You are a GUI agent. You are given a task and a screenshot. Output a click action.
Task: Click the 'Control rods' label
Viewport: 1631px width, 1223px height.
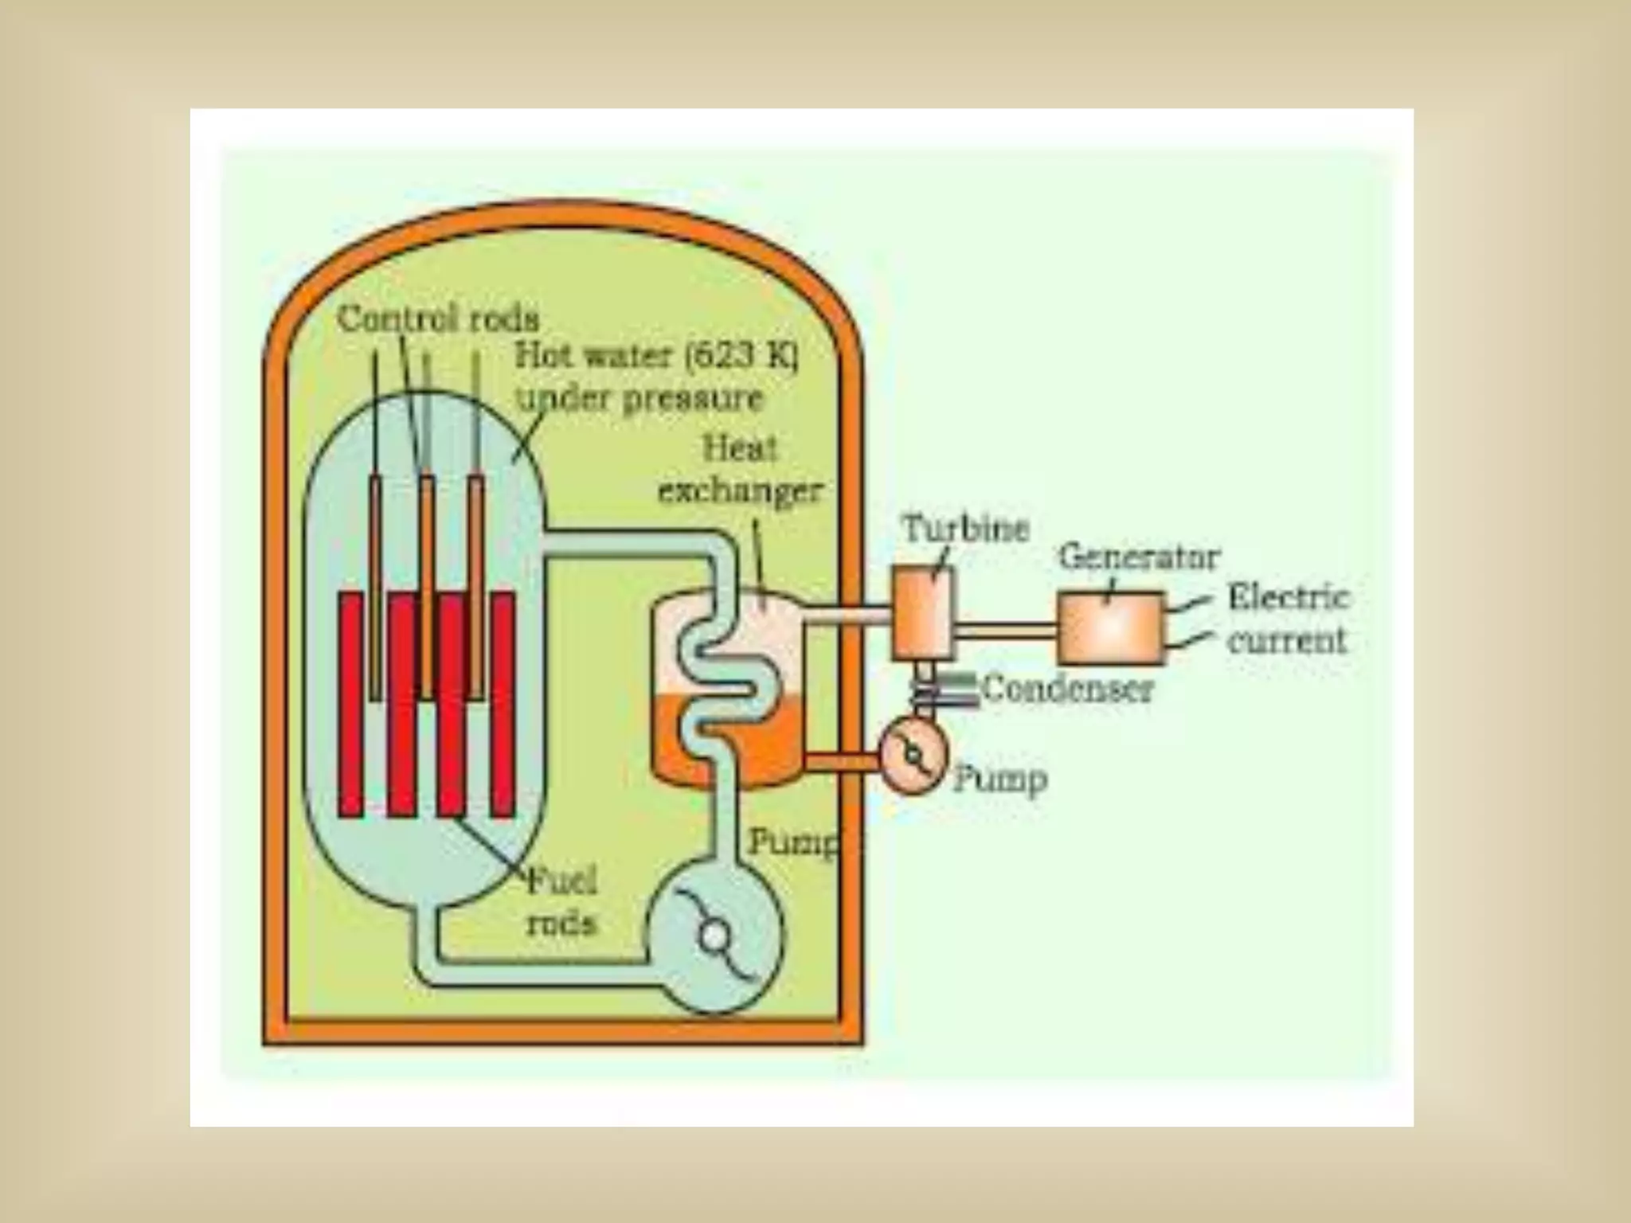coord(438,320)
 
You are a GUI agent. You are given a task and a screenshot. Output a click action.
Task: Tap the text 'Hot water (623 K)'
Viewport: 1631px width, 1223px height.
coord(655,356)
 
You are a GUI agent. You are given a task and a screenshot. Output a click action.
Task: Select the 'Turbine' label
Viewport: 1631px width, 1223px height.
coord(965,529)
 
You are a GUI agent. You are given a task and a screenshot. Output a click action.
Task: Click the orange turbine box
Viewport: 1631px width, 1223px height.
coord(922,611)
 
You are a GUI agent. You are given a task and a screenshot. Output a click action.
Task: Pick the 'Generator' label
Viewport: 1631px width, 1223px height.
coord(1138,557)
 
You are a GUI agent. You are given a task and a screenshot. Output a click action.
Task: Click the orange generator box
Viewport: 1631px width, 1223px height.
coord(1110,628)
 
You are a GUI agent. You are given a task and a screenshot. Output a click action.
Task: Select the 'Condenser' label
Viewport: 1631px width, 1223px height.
coord(1067,689)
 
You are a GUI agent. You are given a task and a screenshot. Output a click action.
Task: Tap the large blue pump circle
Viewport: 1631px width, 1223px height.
coord(714,936)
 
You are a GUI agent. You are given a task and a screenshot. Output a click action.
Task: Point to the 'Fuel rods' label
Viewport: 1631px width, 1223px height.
coord(561,901)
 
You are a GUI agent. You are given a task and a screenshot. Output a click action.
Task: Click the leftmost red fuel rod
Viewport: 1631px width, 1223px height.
coord(350,704)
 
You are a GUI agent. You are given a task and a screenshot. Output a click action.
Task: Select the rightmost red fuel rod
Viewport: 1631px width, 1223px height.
coord(503,704)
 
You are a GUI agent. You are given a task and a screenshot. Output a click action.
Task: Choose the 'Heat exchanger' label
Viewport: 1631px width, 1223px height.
coord(739,471)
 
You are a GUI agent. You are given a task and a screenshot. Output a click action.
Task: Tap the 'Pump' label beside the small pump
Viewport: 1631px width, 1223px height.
coord(1000,780)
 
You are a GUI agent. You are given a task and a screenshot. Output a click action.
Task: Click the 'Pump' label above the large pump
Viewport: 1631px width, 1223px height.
coord(793,842)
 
